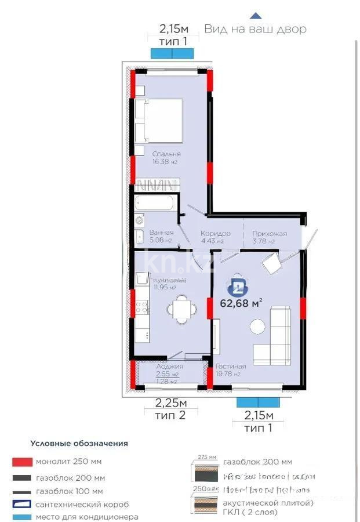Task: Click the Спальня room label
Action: (166, 154)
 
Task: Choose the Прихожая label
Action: (270, 233)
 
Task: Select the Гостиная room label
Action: (231, 367)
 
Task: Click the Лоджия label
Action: (170, 367)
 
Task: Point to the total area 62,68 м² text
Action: (241, 302)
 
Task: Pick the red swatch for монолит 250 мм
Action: (21, 462)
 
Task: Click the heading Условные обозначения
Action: (79, 443)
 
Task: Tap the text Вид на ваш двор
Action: (255, 28)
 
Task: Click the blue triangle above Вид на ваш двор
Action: (256, 16)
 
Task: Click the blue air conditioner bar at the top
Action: (172, 53)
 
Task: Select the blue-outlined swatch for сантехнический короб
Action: (21, 504)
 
